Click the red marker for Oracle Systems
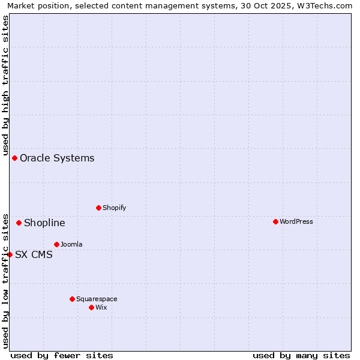(15, 158)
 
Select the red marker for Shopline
(19, 223)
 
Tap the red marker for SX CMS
(10, 254)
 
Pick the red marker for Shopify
(99, 208)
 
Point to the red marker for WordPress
(276, 222)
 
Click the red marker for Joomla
(57, 245)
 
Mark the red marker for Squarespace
(73, 299)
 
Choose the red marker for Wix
(92, 308)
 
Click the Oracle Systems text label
(57, 158)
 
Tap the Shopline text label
(44, 223)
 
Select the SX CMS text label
(34, 254)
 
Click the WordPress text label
(296, 222)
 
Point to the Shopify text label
(115, 208)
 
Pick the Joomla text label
(71, 245)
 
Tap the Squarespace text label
(97, 299)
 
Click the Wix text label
(101, 308)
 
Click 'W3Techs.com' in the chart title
(326, 6)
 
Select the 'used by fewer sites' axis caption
(62, 355)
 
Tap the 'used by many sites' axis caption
(301, 355)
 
